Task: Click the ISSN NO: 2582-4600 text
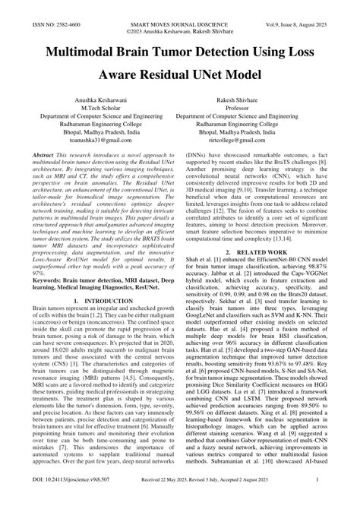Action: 34,5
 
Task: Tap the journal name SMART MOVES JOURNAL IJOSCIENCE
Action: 179,5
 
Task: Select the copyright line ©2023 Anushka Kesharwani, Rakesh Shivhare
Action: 179,14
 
